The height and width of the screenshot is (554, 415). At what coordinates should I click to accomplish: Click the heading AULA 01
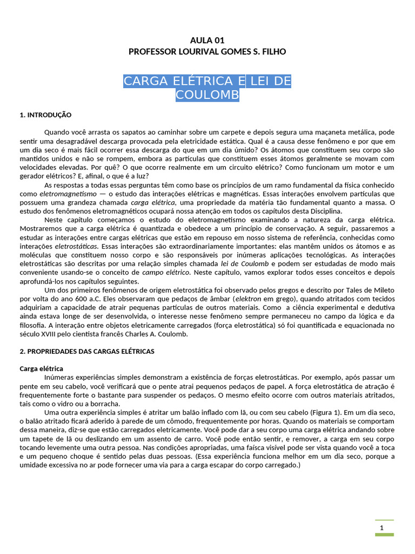(207, 41)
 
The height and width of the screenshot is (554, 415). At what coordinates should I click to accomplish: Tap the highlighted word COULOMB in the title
(207, 95)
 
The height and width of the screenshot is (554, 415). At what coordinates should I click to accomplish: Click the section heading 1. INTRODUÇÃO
(45, 115)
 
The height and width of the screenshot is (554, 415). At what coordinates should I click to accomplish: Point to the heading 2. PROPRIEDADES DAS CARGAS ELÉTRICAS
(87, 352)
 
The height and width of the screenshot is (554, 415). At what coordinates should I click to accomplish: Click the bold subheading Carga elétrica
(41, 368)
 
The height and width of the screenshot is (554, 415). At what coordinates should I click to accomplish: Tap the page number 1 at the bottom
(381, 528)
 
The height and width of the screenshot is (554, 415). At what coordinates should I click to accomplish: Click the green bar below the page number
(384, 535)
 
